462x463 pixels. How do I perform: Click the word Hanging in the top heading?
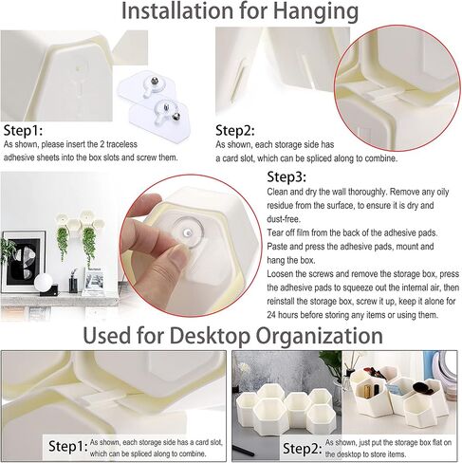pos(316,12)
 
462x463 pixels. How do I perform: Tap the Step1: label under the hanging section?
pos(23,131)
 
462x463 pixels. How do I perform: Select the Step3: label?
pos(286,177)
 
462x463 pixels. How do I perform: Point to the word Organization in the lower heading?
pos(320,337)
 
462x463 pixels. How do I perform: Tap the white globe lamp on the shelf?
pos(44,281)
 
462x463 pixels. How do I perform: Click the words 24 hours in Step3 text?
pos(283,315)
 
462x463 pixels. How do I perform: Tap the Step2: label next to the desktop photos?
pos(303,449)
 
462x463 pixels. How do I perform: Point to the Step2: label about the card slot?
pos(235,131)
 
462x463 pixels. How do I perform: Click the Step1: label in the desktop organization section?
pos(68,446)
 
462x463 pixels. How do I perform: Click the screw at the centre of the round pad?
pos(188,233)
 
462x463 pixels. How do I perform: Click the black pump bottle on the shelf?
pos(73,282)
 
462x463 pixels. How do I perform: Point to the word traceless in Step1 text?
pos(121,144)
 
